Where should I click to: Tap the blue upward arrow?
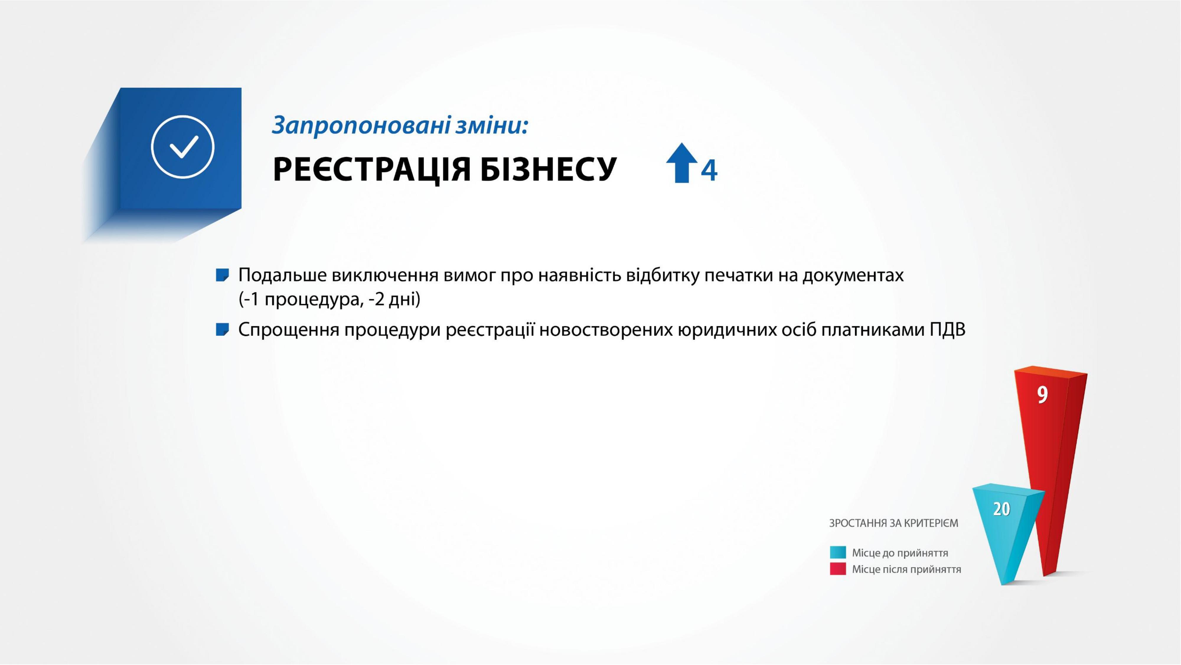coord(682,163)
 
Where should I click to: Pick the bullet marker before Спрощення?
coord(222,330)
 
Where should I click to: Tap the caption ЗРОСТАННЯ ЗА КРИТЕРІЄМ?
coord(893,523)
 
